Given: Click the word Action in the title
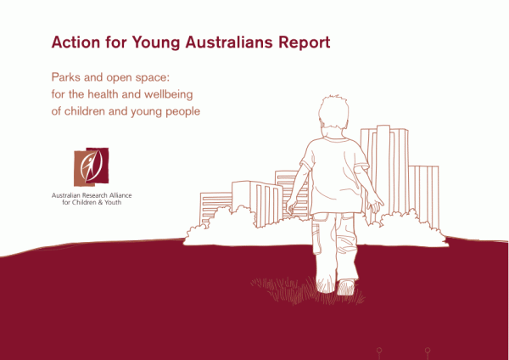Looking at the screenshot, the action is (x=76, y=42).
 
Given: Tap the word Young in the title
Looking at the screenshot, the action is (x=156, y=43).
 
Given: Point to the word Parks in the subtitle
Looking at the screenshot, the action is (x=65, y=77).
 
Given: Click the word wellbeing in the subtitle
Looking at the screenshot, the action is (x=169, y=95).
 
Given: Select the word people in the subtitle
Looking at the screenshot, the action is (x=182, y=112).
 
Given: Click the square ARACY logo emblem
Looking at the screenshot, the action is (x=92, y=167).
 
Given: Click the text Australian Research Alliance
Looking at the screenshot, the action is (x=92, y=195).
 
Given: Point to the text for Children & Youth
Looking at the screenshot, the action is (x=92, y=202).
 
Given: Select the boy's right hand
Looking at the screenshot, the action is (x=375, y=205).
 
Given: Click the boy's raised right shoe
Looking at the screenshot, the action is (x=346, y=287).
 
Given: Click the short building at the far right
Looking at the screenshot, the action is (x=423, y=195).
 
